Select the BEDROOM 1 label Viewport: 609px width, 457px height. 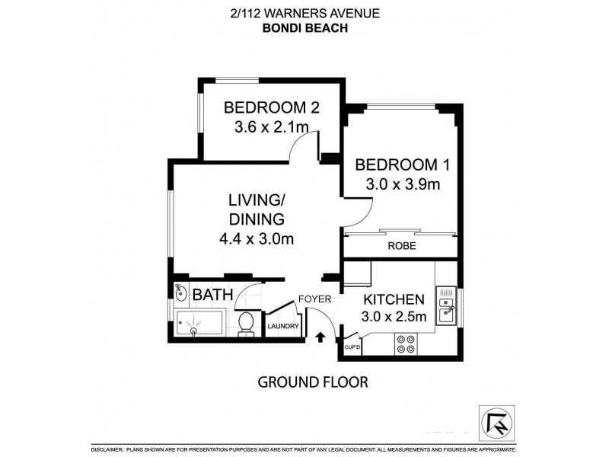[x=397, y=165]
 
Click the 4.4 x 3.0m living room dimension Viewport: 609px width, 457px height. [x=256, y=238]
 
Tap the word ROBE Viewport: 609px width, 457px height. [x=400, y=247]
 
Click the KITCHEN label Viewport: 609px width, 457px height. [x=393, y=299]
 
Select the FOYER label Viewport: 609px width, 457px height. [x=314, y=299]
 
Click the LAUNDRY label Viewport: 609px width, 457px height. [x=282, y=328]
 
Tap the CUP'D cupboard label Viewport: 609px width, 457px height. [x=352, y=347]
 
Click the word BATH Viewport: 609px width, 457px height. [x=207, y=294]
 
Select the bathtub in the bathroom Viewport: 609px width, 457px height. [x=199, y=324]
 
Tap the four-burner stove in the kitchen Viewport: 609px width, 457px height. [x=405, y=345]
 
